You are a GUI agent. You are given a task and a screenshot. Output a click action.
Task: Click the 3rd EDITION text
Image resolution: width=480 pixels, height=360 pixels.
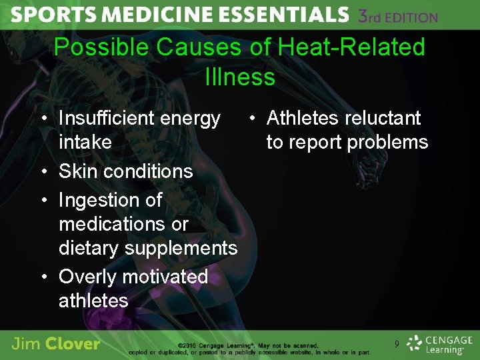click(398, 16)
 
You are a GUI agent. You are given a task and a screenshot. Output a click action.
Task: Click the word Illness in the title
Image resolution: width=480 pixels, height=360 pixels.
click(240, 77)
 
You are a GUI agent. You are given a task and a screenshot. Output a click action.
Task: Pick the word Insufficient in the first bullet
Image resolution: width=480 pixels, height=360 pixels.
click(108, 119)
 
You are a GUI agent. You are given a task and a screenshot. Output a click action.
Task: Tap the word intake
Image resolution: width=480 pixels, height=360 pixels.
click(85, 142)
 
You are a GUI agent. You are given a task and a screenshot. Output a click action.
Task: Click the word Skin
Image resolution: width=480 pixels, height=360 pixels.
click(77, 171)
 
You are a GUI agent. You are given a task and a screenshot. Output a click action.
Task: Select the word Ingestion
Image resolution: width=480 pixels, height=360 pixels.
click(110, 200)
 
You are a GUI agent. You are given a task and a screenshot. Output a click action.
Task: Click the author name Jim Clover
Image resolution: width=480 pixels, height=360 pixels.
click(56, 344)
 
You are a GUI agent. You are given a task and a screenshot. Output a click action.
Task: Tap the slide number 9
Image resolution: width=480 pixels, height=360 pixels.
click(397, 344)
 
